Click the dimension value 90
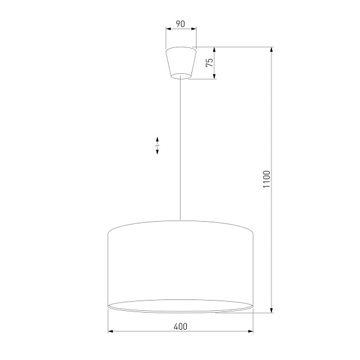click(180, 24)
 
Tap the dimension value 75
click(210, 63)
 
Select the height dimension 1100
click(266, 180)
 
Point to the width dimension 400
click(180, 326)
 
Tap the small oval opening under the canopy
click(180, 75)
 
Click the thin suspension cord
click(180, 149)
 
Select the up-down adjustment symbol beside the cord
click(157, 146)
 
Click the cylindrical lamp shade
click(180, 263)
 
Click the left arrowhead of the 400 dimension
click(110, 331)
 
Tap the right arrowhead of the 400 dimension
click(250, 331)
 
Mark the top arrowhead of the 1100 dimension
click(272, 50)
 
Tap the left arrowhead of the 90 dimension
click(167, 30)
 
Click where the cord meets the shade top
click(180, 220)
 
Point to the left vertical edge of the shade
click(108, 269)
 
